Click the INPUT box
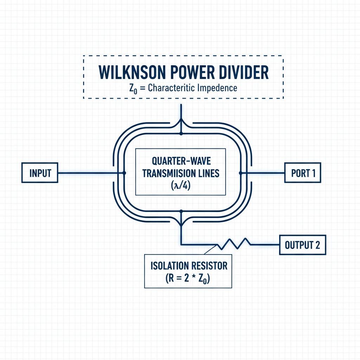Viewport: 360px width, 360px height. click(40, 173)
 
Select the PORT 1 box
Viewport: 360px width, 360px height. click(303, 173)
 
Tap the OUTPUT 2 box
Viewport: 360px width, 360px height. click(303, 245)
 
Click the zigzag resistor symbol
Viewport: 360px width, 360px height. click(234, 244)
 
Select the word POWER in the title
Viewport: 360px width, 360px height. click(192, 72)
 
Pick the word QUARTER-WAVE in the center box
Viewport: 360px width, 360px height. click(181, 161)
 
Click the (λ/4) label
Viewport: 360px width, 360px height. click(181, 185)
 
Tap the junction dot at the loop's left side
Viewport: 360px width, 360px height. click(124, 173)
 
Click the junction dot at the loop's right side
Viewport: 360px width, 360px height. click(240, 173)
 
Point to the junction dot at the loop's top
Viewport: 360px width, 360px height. click(181, 133)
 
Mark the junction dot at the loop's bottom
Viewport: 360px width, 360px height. click(181, 211)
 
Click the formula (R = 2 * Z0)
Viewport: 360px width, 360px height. click(188, 278)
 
